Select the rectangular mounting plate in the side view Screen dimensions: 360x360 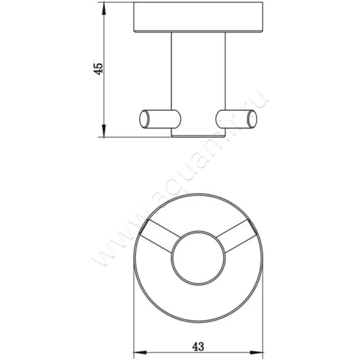tap(198, 18)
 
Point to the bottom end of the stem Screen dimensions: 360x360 tap(198, 135)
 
